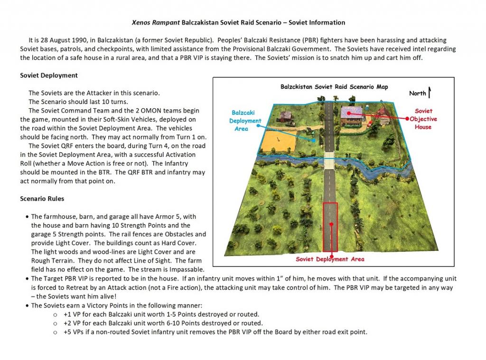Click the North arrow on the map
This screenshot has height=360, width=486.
pos(430,93)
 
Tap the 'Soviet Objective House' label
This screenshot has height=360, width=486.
pos(423,119)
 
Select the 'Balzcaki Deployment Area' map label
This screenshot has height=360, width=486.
pos(246,121)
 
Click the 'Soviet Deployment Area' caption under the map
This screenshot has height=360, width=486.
pos(330,259)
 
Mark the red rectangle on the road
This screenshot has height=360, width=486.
pos(330,226)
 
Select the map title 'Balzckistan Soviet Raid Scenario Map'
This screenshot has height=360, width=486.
pos(334,87)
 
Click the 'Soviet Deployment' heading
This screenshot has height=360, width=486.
pos(49,76)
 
